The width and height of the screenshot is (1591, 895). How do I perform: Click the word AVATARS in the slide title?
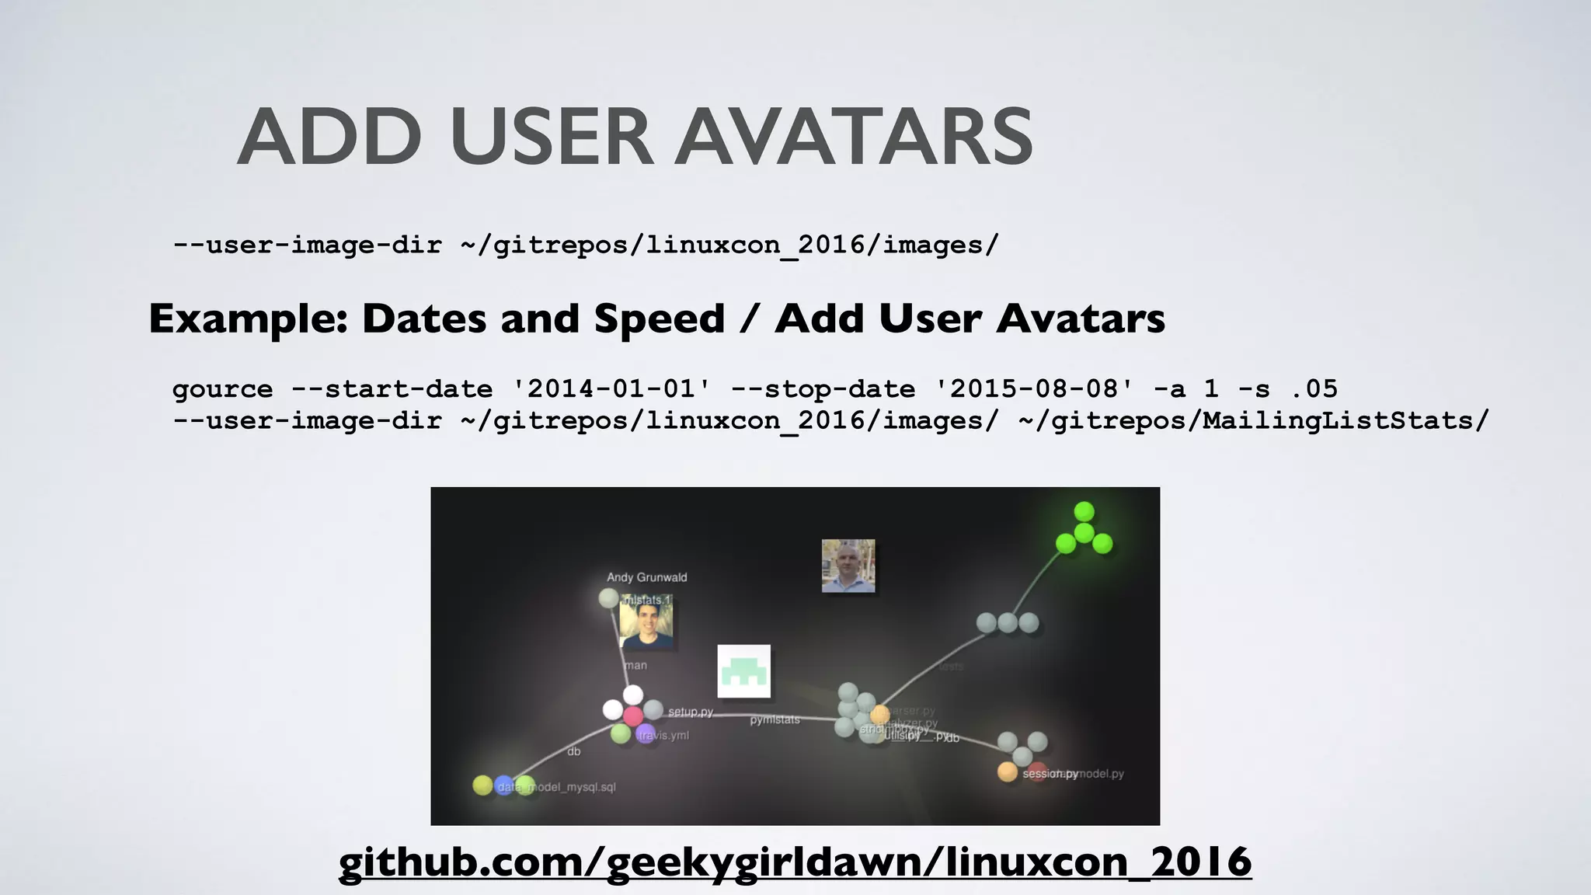(x=853, y=138)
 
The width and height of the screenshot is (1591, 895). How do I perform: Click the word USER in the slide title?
(x=552, y=138)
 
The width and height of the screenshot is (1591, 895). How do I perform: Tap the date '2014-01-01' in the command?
(x=611, y=388)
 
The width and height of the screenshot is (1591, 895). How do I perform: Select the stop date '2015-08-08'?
(x=1034, y=388)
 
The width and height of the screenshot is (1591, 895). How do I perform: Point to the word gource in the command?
(x=223, y=389)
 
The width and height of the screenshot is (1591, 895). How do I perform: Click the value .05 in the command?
(x=1314, y=388)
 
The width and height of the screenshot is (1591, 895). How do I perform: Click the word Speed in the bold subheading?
(x=659, y=319)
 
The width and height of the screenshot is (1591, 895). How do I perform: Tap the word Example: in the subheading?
(x=248, y=319)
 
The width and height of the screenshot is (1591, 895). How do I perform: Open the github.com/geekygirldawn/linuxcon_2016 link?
(x=795, y=862)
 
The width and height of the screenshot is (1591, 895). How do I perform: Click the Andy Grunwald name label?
(x=646, y=577)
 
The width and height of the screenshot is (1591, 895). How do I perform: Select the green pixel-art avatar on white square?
(x=743, y=671)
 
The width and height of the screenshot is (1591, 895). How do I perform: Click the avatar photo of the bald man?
(x=848, y=566)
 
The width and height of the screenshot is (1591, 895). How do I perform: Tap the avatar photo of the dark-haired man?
(x=646, y=623)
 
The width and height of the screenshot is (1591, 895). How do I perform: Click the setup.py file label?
(x=690, y=712)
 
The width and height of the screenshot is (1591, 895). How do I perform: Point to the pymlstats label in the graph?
(x=775, y=720)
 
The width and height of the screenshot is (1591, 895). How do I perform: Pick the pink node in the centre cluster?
(x=633, y=716)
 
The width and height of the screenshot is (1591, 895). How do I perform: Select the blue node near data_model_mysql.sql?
(x=504, y=785)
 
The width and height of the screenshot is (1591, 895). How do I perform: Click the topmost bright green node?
(x=1084, y=512)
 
